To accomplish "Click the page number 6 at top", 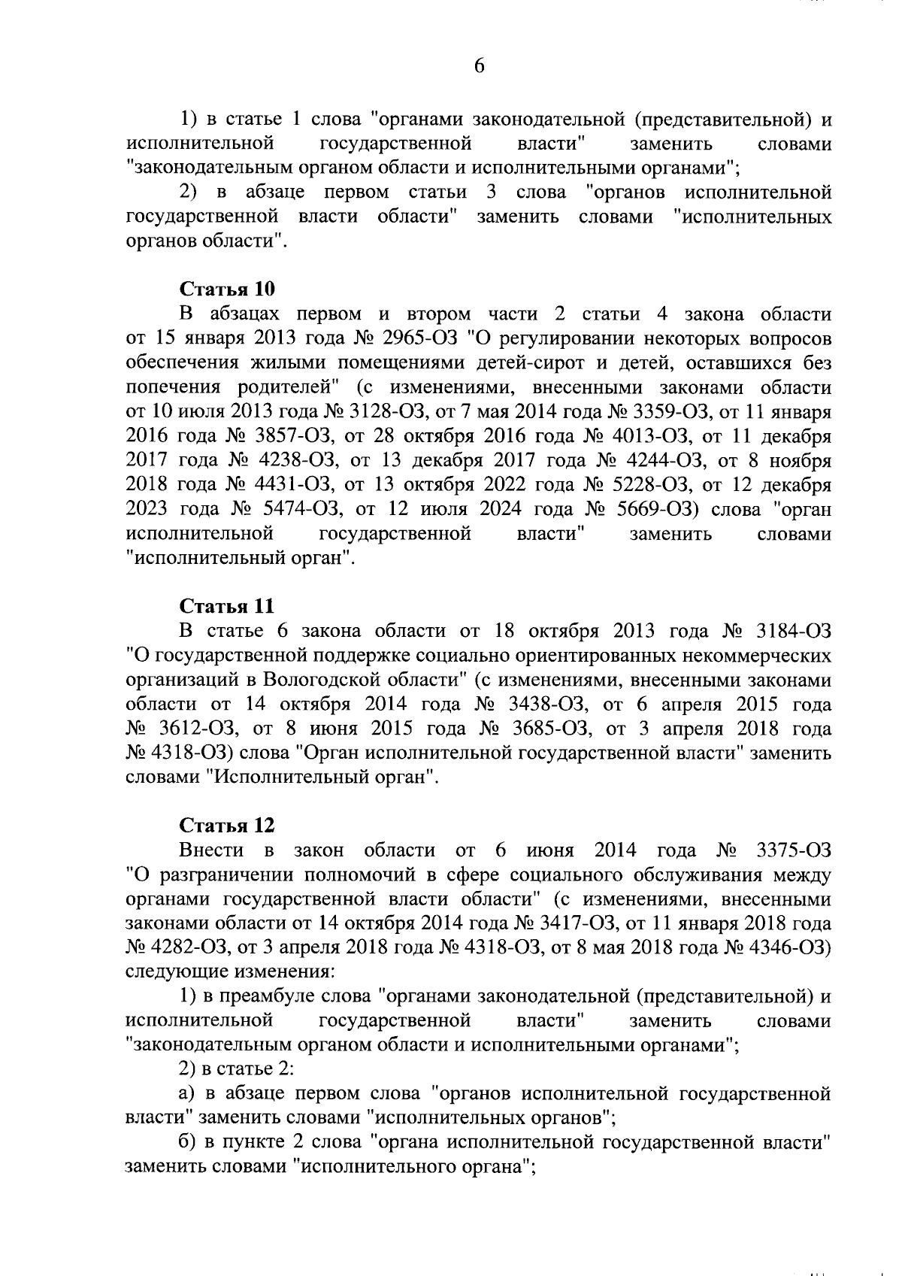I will click(479, 67).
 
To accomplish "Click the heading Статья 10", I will click(227, 289).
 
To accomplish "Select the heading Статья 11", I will click(227, 606).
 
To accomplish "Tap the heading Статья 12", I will click(227, 825).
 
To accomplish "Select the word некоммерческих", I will click(757, 655).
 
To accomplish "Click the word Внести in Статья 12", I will click(211, 850).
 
